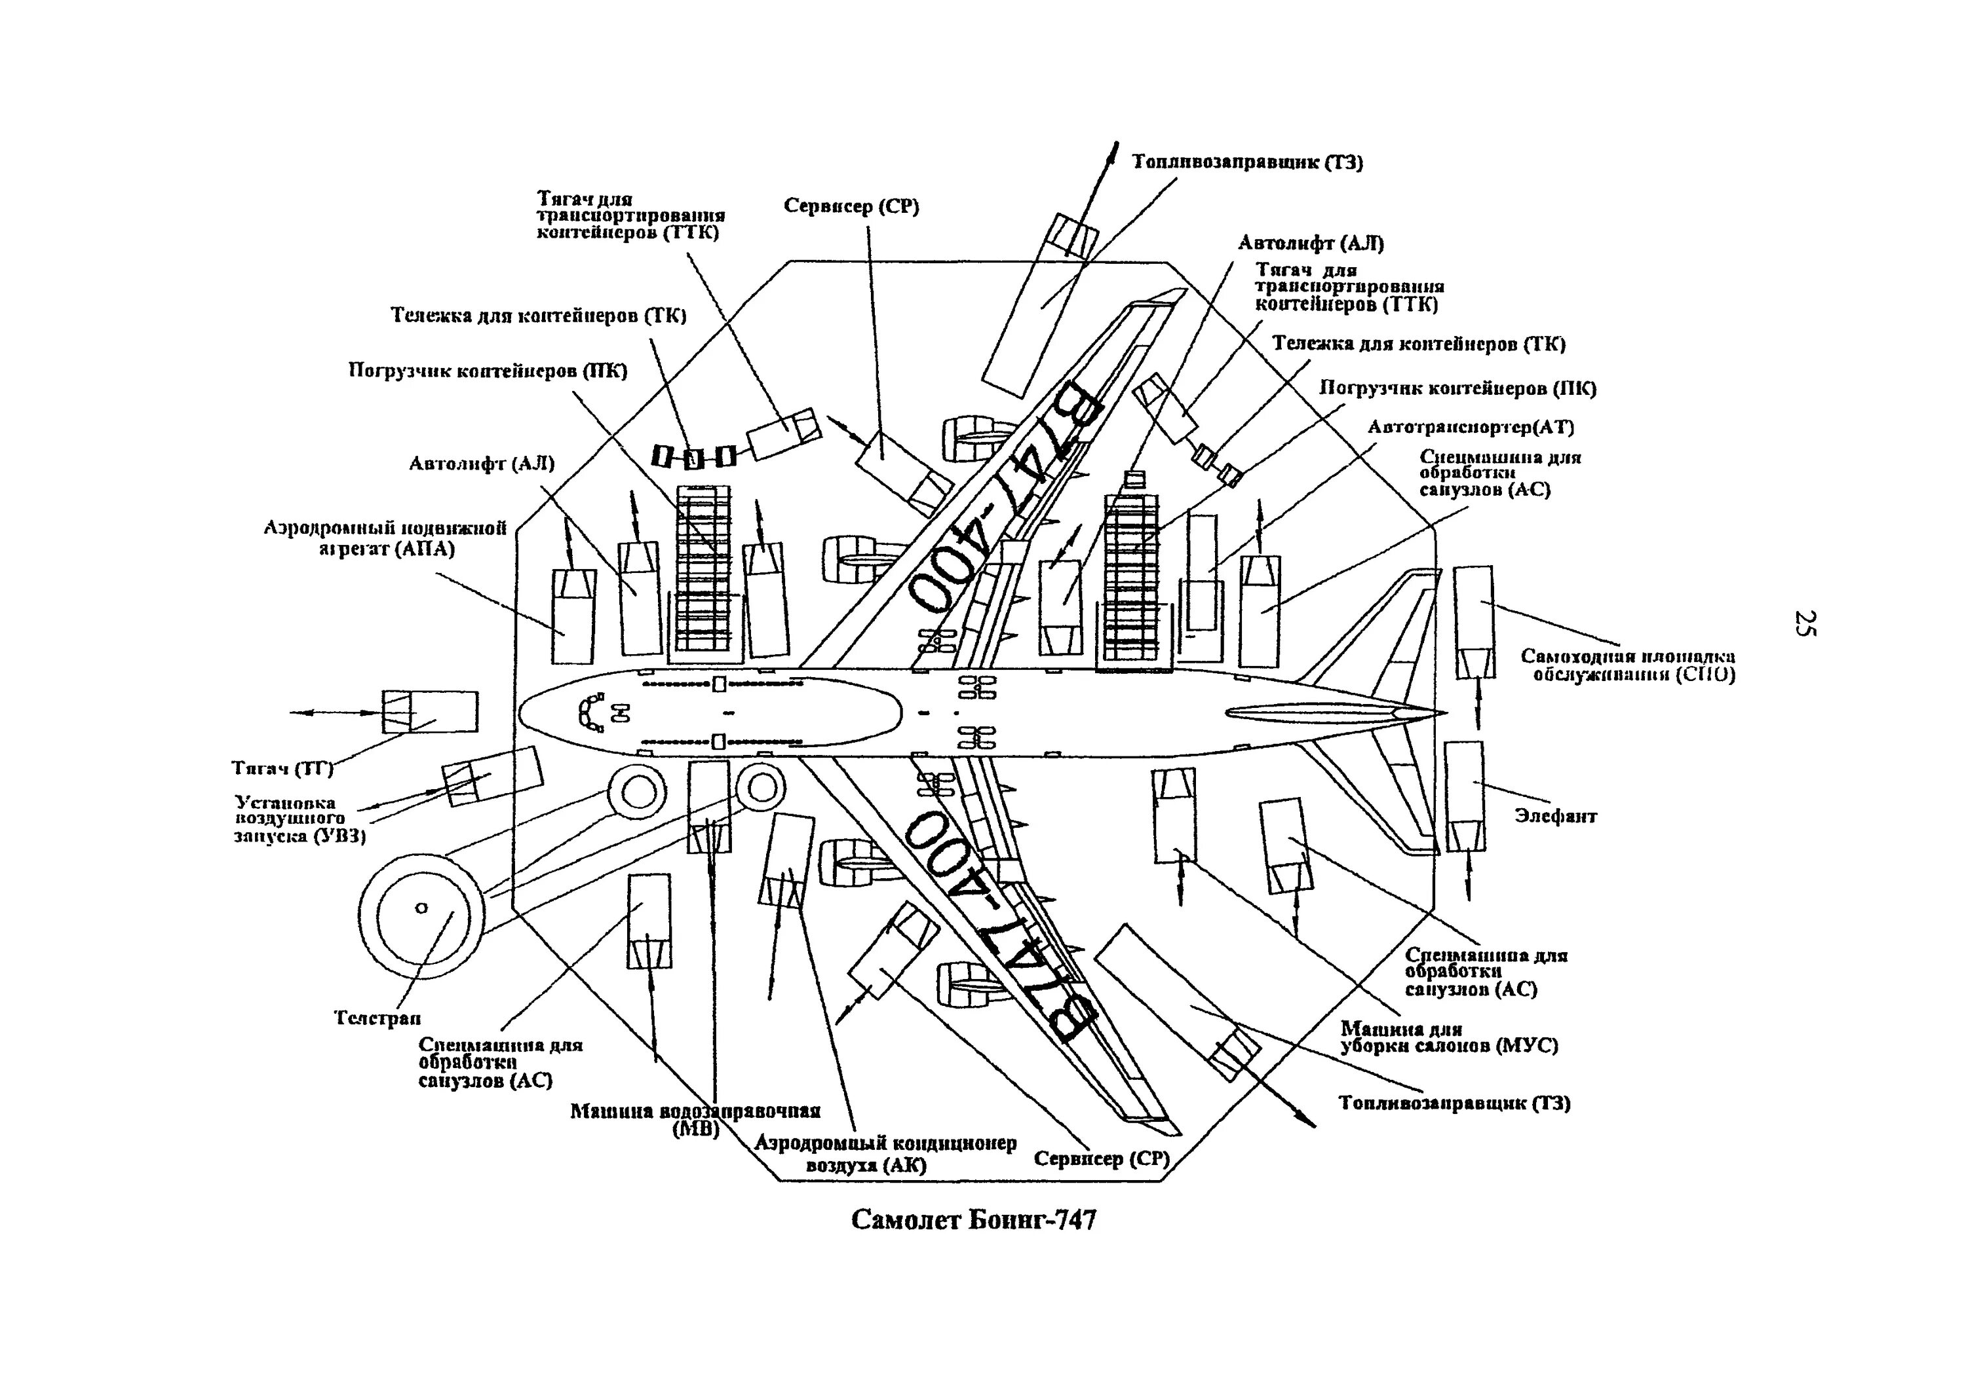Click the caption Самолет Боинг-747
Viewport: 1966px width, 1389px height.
[x=974, y=1219]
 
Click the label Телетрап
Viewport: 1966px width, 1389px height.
[x=377, y=1018]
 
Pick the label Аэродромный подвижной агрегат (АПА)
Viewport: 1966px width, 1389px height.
[x=385, y=538]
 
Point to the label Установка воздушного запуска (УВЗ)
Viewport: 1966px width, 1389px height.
[x=299, y=819]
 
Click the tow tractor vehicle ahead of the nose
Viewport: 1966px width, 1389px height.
[x=430, y=711]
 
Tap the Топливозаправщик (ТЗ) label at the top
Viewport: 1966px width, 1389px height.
[x=1248, y=162]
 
